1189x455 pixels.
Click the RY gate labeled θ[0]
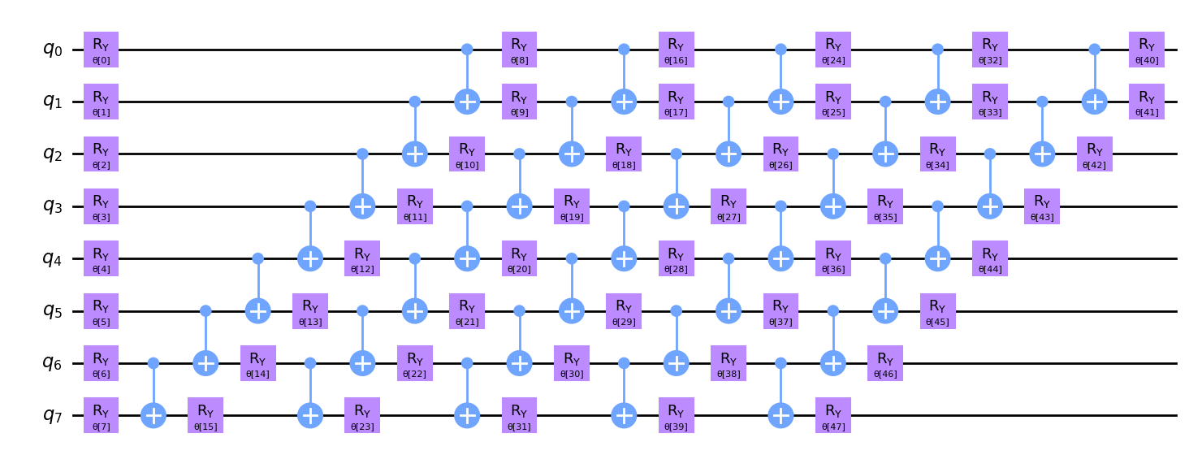[x=101, y=50]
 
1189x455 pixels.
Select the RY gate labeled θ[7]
[x=101, y=416]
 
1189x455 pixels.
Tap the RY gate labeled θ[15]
[x=205, y=416]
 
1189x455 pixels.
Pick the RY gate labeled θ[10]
[x=467, y=154]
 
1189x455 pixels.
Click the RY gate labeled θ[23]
[x=362, y=416]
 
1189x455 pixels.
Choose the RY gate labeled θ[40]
[x=1146, y=50]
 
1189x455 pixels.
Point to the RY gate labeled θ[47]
[x=832, y=416]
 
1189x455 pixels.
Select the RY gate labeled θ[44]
[x=989, y=259]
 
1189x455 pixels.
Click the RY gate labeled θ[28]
[x=676, y=259]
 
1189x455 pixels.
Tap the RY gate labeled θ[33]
[x=989, y=102]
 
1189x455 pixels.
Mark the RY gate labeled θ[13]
[x=310, y=311]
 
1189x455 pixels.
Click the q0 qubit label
[x=54, y=50]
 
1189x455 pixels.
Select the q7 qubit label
[x=54, y=416]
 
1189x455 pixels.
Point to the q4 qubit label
[x=54, y=259]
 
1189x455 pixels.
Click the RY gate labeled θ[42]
[x=1094, y=154]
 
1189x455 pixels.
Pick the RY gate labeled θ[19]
[x=572, y=206]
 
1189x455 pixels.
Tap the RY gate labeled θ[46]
[x=885, y=364]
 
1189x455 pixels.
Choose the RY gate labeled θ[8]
[x=519, y=50]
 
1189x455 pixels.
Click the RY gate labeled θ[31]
[x=519, y=416]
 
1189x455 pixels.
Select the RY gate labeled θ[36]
[x=832, y=259]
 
